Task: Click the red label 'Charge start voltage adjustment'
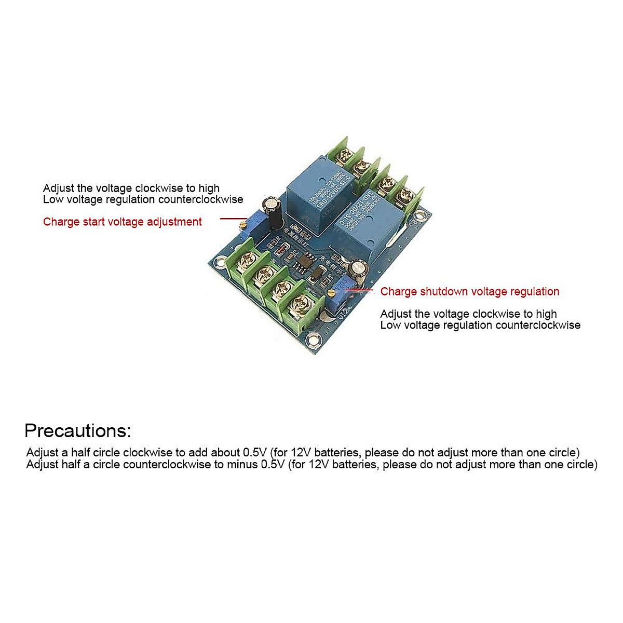click(122, 222)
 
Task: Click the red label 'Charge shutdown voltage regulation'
click(469, 291)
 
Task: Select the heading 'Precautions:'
click(78, 430)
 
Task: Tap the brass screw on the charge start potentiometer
click(242, 224)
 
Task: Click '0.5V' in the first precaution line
click(255, 452)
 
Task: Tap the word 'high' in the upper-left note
click(209, 188)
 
